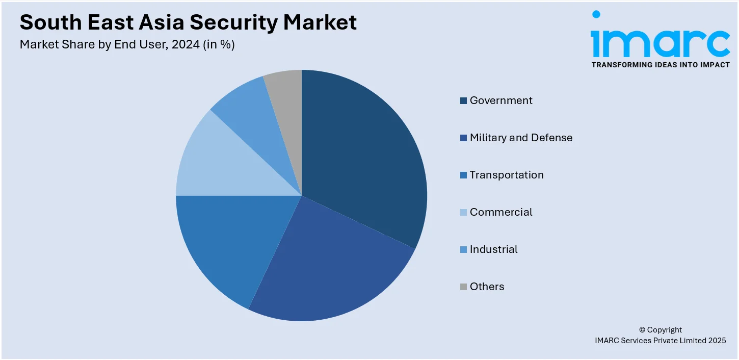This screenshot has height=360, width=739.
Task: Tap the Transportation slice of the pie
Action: pos(229,240)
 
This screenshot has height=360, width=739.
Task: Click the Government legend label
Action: pos(501,100)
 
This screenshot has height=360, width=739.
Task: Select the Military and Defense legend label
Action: pos(521,138)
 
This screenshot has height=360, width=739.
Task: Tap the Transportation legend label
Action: pos(507,175)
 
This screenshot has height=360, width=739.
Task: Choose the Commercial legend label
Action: pos(501,212)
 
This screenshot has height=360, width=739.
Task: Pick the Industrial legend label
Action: pos(493,249)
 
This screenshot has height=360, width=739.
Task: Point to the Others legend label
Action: pos(487,287)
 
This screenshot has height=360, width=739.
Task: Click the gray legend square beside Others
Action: pos(463,287)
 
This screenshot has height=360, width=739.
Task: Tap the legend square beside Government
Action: pos(463,101)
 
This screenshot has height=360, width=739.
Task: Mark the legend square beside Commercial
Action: pos(463,213)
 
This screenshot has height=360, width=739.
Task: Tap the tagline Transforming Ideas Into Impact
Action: pos(660,65)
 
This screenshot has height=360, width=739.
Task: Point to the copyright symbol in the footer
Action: pos(642,330)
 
